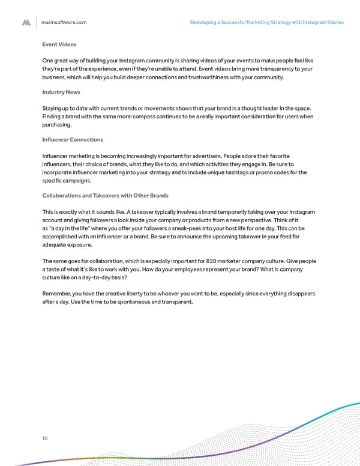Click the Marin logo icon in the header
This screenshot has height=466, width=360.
[26, 22]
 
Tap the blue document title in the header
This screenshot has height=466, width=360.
[266, 22]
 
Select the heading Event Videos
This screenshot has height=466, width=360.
[59, 44]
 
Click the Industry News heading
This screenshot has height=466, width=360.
[61, 92]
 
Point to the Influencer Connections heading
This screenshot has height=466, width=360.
[73, 139]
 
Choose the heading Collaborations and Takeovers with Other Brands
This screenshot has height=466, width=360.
[105, 195]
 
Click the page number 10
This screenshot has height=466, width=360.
[46, 438]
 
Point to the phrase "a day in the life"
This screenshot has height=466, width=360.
[68, 229]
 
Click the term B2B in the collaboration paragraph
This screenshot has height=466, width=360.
[203, 261]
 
